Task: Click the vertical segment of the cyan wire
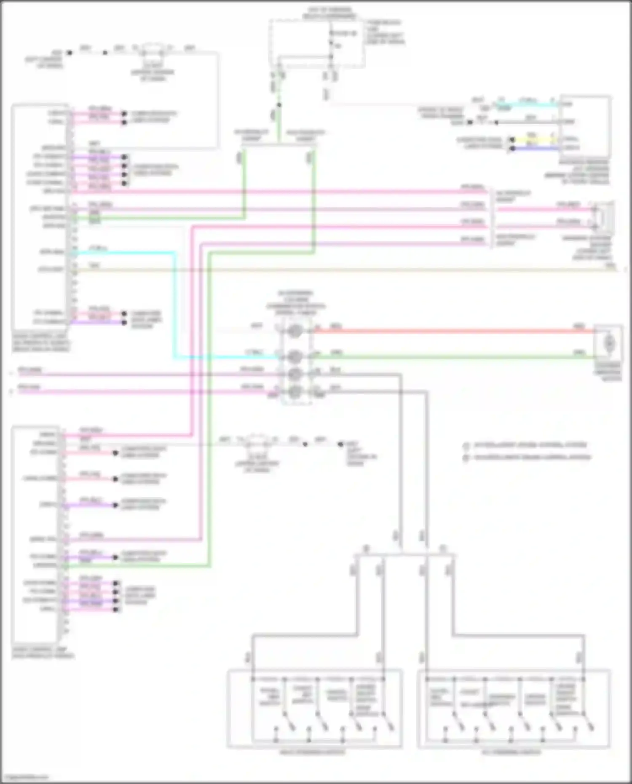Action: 174,303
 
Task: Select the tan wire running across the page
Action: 337,270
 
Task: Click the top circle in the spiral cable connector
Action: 295,331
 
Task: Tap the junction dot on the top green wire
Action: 279,105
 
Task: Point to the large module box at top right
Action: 585,126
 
